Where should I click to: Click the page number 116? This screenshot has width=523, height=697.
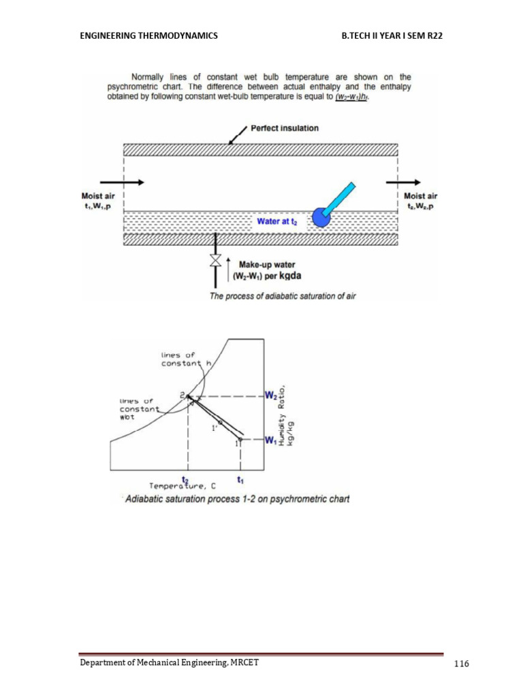coord(462,664)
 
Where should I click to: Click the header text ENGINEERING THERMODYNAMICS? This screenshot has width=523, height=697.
coord(149,35)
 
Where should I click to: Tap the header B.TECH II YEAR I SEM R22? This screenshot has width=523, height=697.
coord(392,35)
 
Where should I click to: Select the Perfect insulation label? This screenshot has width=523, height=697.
coord(284,128)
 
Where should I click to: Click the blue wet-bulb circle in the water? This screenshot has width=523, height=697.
coord(320,216)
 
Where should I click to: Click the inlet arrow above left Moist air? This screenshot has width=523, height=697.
coord(122,182)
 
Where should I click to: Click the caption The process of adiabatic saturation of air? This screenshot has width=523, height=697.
coord(283,296)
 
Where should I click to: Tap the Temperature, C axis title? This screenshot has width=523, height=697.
coord(183,485)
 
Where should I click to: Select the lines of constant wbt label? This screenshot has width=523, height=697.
coord(138,408)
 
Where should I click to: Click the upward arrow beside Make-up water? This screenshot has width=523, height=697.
coord(229,270)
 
